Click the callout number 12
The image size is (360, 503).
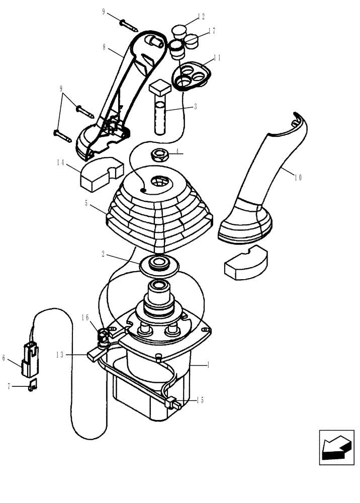tap(201, 17)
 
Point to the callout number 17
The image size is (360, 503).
tap(212, 31)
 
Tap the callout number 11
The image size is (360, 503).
tap(217, 58)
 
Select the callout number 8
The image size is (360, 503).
tap(105, 48)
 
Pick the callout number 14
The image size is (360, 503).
tap(61, 163)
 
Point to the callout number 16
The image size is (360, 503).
tap(85, 317)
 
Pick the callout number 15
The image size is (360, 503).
tap(200, 400)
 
